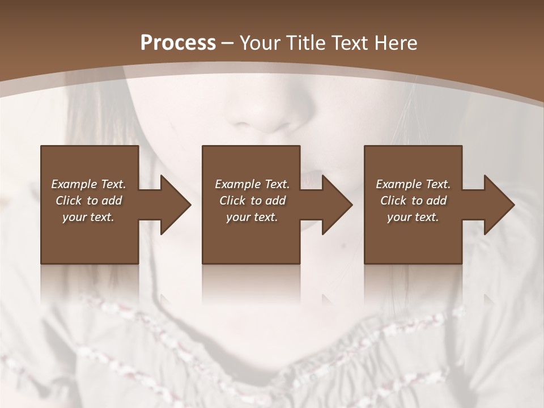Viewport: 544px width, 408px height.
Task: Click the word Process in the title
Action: pyautogui.click(x=178, y=42)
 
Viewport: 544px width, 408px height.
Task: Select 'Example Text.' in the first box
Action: pyautogui.click(x=88, y=184)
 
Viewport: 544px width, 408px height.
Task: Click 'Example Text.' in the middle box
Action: pyautogui.click(x=252, y=184)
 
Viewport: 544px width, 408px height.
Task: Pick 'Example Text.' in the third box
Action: pyautogui.click(x=413, y=184)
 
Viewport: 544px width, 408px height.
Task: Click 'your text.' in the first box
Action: pyautogui.click(x=88, y=217)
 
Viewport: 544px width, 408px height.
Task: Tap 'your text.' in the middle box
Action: pyautogui.click(x=252, y=217)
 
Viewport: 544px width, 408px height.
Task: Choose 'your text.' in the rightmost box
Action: pyautogui.click(x=413, y=217)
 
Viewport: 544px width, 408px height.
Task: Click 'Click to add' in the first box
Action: pyautogui.click(x=88, y=201)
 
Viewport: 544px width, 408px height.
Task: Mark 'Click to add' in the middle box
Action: pyautogui.click(x=252, y=201)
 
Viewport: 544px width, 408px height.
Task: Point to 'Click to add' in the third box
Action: pyautogui.click(x=413, y=201)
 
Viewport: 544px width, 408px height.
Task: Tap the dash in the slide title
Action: pyautogui.click(x=228, y=43)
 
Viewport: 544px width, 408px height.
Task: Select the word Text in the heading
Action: pyautogui.click(x=346, y=42)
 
